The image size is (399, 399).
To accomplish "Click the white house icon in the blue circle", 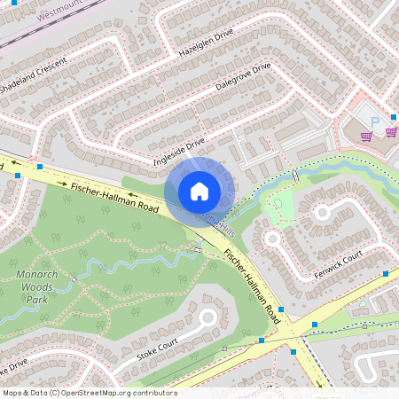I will coord(199,191).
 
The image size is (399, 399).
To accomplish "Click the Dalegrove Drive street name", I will coord(243,78).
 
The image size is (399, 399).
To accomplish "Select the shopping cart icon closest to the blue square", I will coord(366,136).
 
